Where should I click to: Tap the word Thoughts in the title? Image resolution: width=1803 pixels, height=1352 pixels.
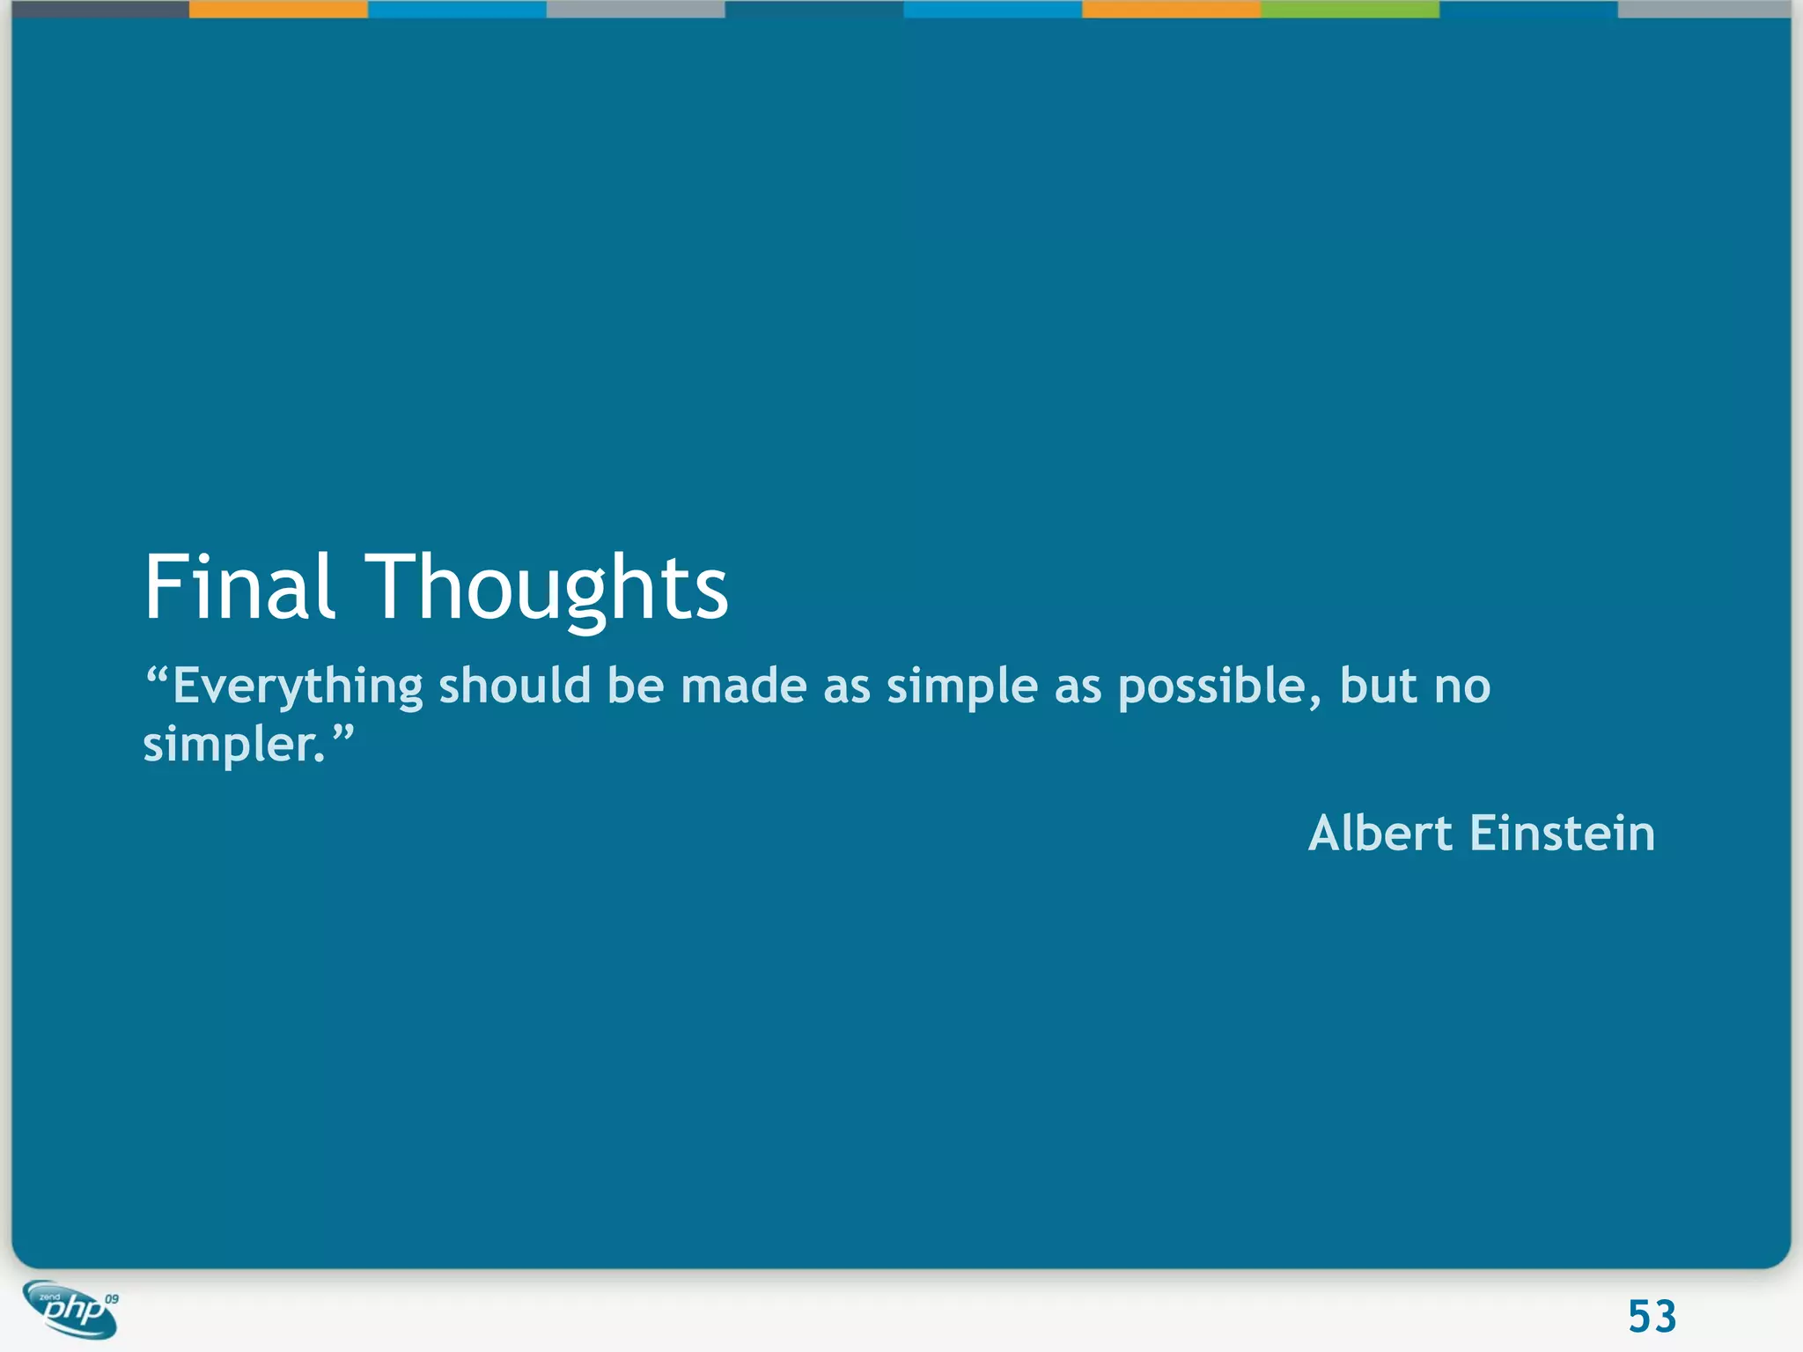tap(547, 587)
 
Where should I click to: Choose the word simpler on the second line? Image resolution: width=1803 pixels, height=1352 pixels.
tap(232, 746)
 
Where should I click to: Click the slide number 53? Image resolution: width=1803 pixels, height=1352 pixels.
tap(1652, 1317)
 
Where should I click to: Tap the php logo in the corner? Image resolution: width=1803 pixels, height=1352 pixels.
tap(70, 1310)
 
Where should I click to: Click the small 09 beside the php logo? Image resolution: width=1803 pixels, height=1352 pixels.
tap(112, 1299)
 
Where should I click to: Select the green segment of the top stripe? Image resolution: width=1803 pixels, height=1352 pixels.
tap(1350, 9)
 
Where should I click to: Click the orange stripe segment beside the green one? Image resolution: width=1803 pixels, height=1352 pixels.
tap(1171, 9)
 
